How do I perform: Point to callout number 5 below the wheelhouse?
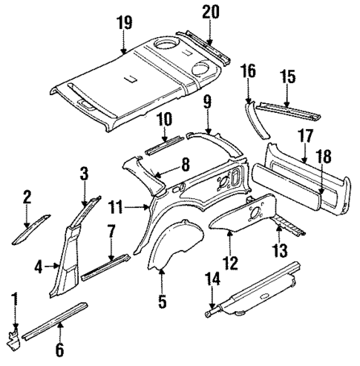tap(162, 301)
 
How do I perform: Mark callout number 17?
tap(304, 135)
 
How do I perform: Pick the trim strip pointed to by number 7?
tap(107, 265)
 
